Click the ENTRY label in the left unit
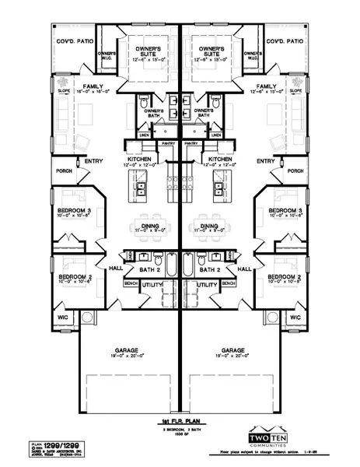[x=94, y=161]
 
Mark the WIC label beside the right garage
[x=295, y=318]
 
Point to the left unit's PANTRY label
[x=170, y=143]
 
